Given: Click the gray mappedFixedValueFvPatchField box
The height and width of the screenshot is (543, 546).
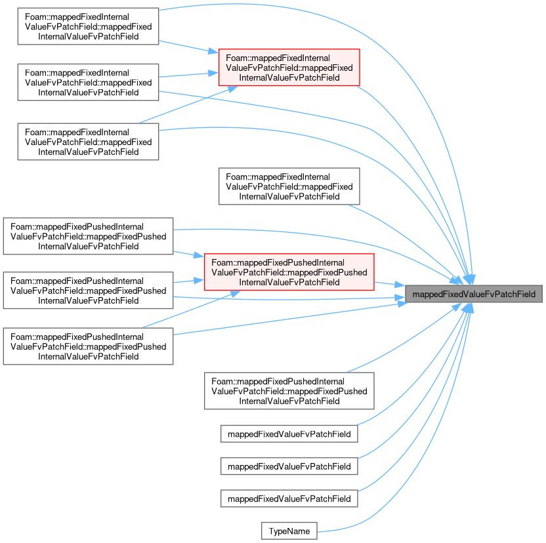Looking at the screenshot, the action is point(474,294).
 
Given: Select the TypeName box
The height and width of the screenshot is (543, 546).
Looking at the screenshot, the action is point(289,531).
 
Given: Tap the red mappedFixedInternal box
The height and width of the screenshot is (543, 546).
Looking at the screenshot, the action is point(289,68).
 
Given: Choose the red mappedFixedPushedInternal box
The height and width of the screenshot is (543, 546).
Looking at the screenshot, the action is point(289,272).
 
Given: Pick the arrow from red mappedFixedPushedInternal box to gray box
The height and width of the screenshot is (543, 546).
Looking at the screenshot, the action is point(389,284).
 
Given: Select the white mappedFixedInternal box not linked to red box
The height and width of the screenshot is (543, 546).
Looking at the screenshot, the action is point(289,186).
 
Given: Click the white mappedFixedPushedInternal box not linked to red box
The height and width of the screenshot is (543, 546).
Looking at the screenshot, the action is point(289,391).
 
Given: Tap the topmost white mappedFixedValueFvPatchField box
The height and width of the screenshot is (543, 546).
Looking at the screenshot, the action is point(289,433).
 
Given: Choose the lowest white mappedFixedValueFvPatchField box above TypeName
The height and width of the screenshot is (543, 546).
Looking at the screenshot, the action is point(289,498).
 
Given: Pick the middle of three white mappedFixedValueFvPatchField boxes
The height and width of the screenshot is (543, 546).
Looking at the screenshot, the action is point(289,466).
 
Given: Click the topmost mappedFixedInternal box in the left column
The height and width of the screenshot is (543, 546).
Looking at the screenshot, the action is point(88,26).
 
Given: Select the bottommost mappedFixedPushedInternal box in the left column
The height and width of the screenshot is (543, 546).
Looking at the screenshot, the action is point(88,346).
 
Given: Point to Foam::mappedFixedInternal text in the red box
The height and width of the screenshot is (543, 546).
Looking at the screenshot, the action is point(278,58).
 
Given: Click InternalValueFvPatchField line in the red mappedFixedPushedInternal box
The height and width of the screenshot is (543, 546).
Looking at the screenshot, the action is point(289,282).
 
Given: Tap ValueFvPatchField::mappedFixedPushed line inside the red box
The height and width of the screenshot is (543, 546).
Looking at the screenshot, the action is point(289,272).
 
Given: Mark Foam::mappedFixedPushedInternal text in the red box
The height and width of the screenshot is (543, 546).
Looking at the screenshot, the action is point(278,262).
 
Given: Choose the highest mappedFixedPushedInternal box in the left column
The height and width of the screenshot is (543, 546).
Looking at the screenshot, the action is point(88,236).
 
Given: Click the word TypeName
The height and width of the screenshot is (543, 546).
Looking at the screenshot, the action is point(289,531).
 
